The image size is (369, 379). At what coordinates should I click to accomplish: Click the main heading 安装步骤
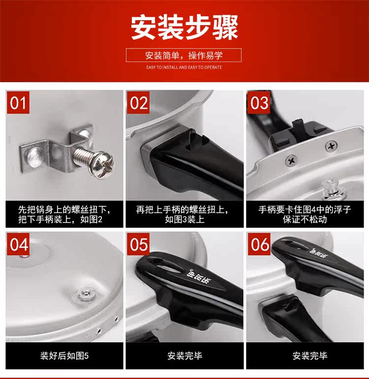pyautogui.click(x=184, y=27)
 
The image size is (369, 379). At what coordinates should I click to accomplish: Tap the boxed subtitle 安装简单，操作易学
pyautogui.click(x=184, y=55)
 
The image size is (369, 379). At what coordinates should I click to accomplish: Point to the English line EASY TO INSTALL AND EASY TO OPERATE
pyautogui.click(x=184, y=67)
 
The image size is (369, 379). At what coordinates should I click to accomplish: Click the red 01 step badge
pyautogui.click(x=18, y=102)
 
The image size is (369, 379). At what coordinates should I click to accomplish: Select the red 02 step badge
pyautogui.click(x=138, y=102)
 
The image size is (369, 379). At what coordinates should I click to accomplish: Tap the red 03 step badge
pyautogui.click(x=259, y=102)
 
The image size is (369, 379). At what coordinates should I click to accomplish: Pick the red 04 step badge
pyautogui.click(x=18, y=244)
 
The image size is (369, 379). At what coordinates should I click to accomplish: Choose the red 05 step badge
pyautogui.click(x=138, y=244)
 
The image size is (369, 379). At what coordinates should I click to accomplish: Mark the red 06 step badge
pyautogui.click(x=259, y=244)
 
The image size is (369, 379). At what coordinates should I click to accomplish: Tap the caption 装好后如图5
pyautogui.click(x=64, y=356)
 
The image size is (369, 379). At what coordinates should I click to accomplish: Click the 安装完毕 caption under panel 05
pyautogui.click(x=184, y=356)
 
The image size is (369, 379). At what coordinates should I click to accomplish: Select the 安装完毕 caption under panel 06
pyautogui.click(x=310, y=356)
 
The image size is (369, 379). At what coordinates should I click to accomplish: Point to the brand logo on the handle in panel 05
pyautogui.click(x=199, y=277)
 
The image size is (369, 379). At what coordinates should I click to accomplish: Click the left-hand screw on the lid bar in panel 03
pyautogui.click(x=292, y=160)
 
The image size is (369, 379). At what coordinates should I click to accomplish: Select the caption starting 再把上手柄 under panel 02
pyautogui.click(x=182, y=215)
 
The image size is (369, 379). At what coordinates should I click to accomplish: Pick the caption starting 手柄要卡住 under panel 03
pyautogui.click(x=305, y=215)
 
